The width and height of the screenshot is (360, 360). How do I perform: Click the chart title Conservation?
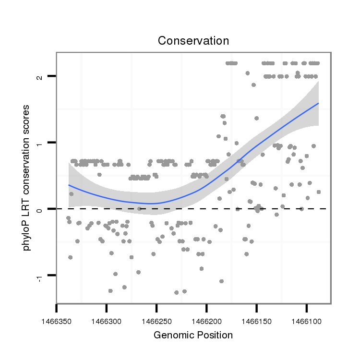point(193,41)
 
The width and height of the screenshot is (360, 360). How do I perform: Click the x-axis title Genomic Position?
point(193,335)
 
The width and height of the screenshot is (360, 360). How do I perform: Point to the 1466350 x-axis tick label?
point(57,319)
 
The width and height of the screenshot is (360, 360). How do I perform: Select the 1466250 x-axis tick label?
point(156,319)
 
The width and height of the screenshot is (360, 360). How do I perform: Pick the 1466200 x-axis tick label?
point(206,319)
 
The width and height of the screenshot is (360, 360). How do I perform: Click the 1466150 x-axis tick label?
point(256,319)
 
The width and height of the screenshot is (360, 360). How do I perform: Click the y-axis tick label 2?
point(41,77)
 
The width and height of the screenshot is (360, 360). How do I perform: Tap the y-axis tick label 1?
point(41,143)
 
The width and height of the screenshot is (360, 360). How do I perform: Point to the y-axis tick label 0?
point(41,209)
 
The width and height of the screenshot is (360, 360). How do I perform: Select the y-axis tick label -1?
point(41,277)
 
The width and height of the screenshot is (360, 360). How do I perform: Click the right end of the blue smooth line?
point(318,103)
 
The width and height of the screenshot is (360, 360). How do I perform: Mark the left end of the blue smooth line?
point(69,185)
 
